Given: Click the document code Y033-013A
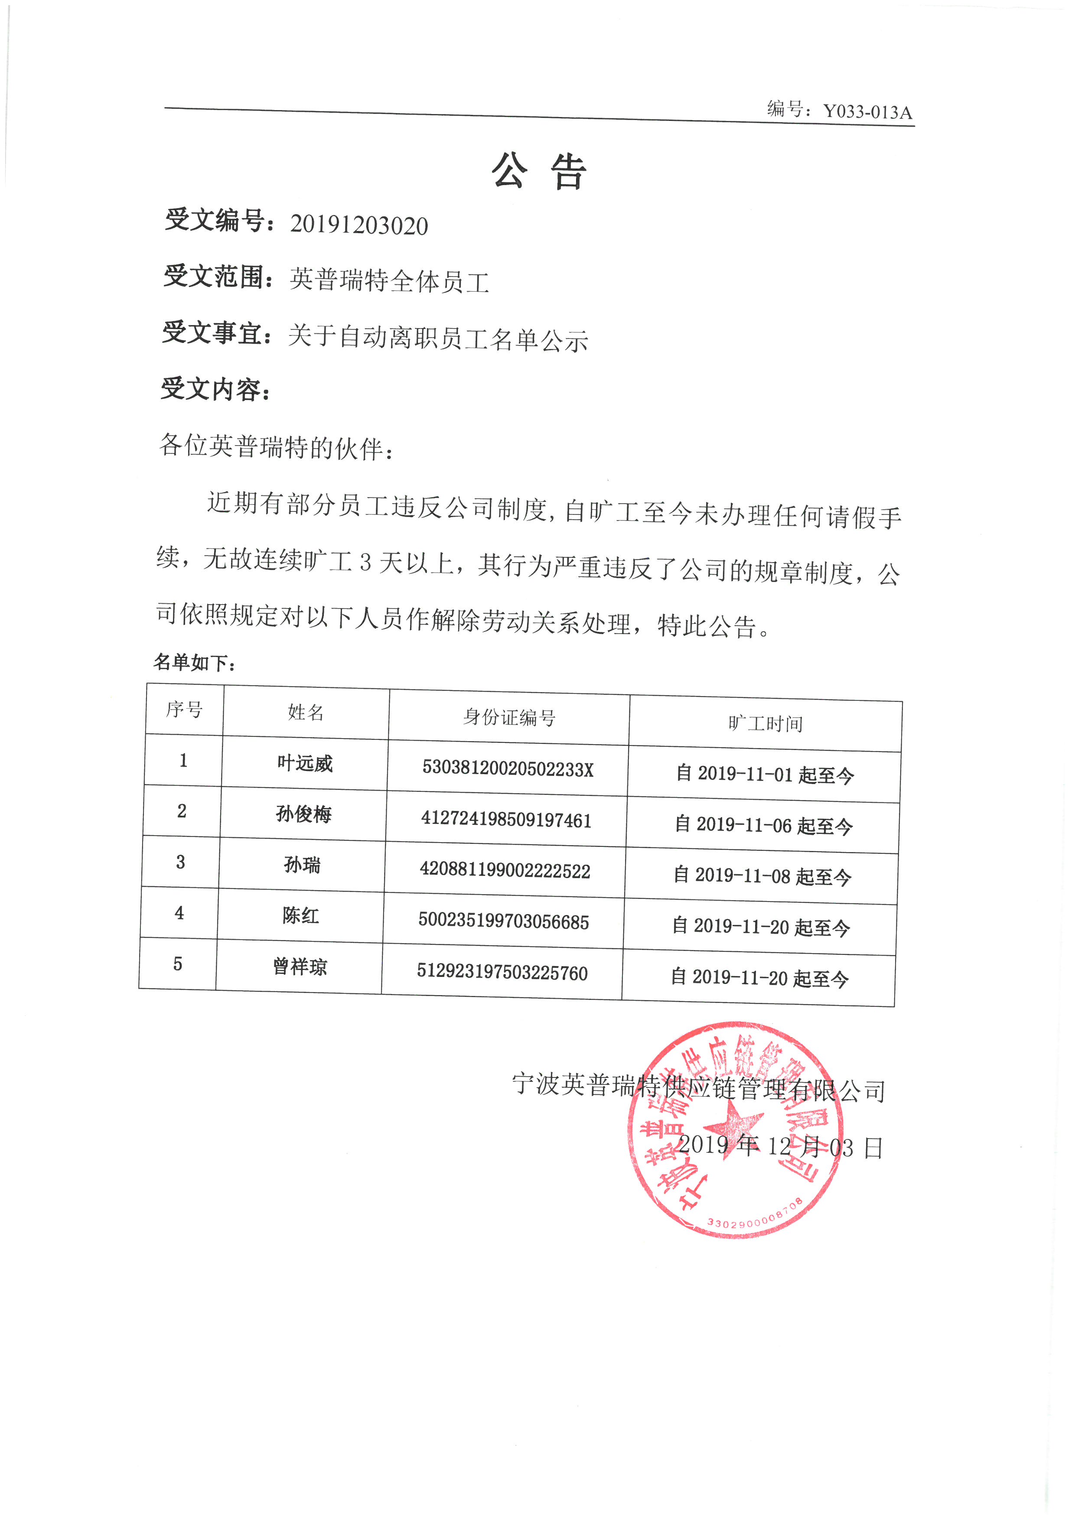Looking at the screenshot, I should click(x=867, y=112).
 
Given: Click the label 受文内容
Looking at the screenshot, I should click(x=215, y=389).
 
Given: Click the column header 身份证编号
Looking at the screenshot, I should click(x=508, y=717).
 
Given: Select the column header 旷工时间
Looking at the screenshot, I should click(x=765, y=723).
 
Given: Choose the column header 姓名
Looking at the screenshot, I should click(x=306, y=713).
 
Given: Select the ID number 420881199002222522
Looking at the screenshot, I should click(x=505, y=871).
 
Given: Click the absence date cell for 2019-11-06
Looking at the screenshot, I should click(x=763, y=826).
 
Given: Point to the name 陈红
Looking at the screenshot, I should click(x=301, y=915).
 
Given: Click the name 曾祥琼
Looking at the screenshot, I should click(x=300, y=967).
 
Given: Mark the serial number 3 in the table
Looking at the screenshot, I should click(x=180, y=862).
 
